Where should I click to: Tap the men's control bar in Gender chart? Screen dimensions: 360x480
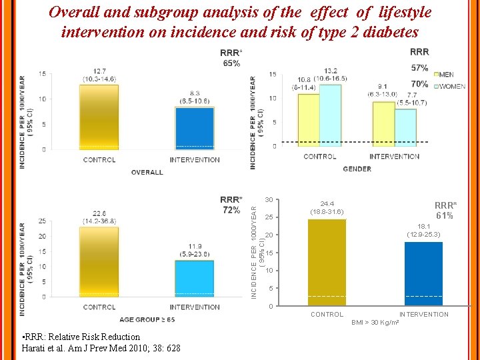pos(309,120)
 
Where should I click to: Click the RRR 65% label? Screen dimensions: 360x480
pos(231,58)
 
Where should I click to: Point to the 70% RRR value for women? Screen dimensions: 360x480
pos(420,84)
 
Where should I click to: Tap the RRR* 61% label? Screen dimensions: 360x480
pos(445,211)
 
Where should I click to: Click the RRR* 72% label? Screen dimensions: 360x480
pos(231,205)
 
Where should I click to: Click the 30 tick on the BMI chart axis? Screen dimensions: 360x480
pos(269,200)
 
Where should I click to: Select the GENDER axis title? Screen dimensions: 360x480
pos(357,169)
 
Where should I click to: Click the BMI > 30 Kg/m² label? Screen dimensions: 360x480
pos(375,323)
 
